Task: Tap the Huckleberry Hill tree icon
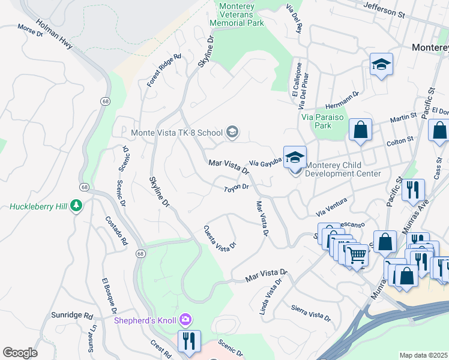[76, 206]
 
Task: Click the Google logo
[20, 353]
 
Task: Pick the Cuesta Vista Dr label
[219, 238]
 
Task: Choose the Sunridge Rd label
[80, 315]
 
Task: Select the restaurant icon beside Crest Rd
[189, 341]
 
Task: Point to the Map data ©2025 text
[424, 355]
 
